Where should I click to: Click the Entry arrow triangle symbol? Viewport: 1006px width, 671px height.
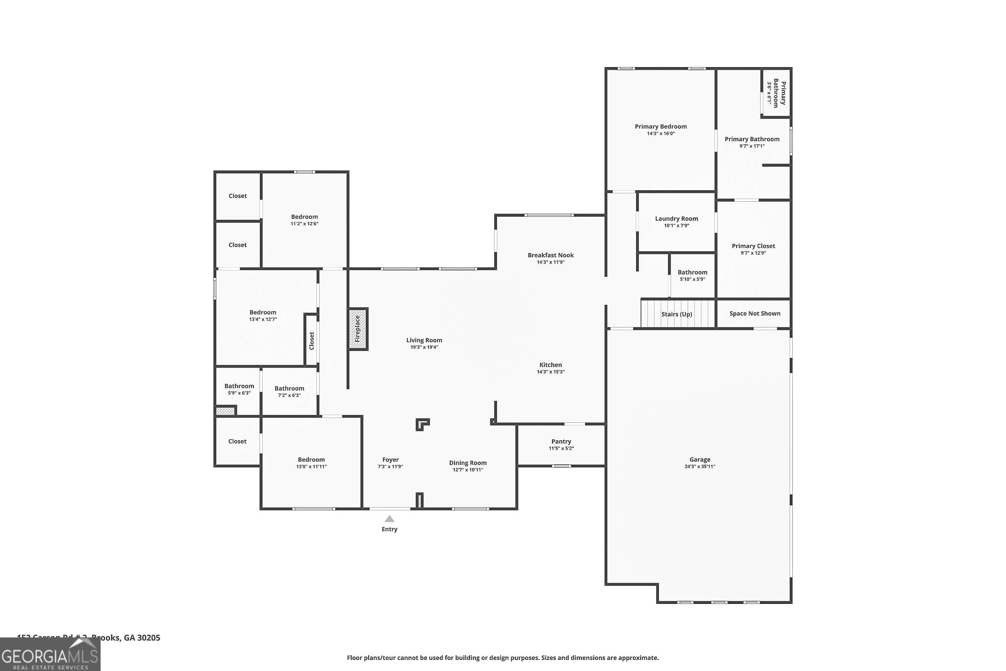(x=389, y=519)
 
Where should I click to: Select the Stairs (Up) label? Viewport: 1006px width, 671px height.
(x=677, y=314)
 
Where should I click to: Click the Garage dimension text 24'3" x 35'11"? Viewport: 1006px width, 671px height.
(x=700, y=466)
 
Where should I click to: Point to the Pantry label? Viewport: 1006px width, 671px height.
(x=561, y=441)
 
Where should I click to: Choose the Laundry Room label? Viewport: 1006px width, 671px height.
(x=676, y=219)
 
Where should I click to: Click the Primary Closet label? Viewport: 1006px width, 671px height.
(x=753, y=246)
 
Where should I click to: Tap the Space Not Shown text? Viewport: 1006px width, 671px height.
(x=754, y=314)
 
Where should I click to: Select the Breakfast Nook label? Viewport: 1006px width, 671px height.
(x=551, y=255)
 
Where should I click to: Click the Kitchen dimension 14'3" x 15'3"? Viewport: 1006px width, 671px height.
(x=551, y=372)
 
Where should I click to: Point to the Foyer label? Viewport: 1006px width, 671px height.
(x=390, y=460)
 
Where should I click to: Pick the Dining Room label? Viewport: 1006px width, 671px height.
(x=467, y=463)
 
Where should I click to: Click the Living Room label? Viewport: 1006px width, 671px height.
(x=424, y=340)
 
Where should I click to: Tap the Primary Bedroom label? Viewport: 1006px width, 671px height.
(x=660, y=127)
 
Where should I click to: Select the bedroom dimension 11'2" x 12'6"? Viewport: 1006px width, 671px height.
(x=304, y=224)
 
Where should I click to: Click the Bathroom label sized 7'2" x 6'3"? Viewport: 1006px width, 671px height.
(x=289, y=389)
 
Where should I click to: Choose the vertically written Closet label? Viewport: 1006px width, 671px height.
(x=312, y=341)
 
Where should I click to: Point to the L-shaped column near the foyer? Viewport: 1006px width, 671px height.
(x=422, y=424)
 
